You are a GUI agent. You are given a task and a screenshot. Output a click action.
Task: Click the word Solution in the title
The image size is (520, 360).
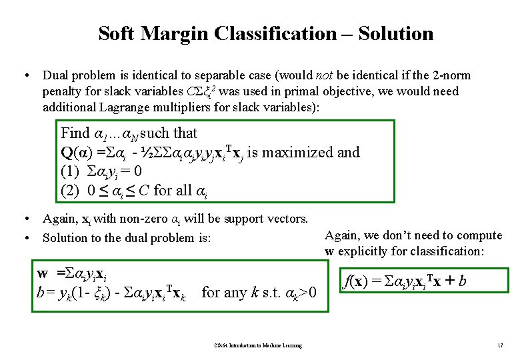click(396, 33)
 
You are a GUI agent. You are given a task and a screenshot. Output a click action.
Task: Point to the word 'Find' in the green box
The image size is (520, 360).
click(73, 133)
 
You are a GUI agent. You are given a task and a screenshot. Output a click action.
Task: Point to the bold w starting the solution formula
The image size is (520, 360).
click(43, 273)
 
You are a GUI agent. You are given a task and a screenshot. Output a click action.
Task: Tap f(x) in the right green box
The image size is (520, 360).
click(353, 281)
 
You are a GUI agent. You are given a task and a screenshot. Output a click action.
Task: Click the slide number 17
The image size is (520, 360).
click(499, 345)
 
